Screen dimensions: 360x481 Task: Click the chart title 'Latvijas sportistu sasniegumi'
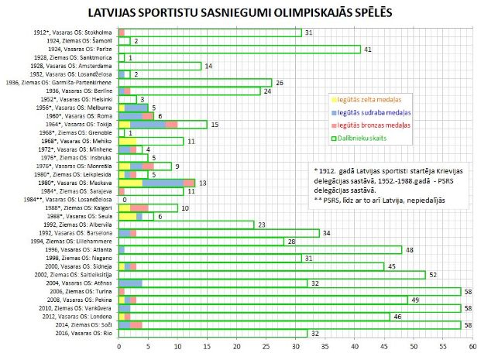[240, 12]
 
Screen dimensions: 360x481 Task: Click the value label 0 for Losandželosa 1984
[123, 200]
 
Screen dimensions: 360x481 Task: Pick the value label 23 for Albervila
[261, 225]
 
